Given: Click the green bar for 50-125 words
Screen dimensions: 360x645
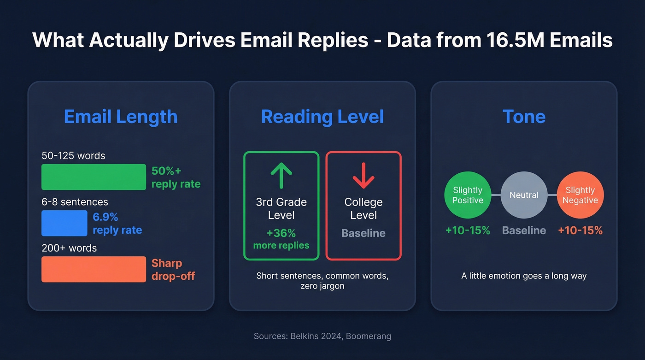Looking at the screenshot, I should [x=94, y=177].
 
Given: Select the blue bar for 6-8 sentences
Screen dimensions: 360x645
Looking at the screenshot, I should [x=64, y=223].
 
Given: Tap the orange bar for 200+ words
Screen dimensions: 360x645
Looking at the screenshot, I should [x=94, y=269].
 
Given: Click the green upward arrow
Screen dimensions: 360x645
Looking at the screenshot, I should [x=281, y=176].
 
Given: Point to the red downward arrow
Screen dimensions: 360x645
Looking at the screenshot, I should [x=364, y=176].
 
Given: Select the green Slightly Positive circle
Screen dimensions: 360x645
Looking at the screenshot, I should [x=468, y=195].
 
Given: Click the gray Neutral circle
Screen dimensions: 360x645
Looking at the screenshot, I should [x=524, y=195].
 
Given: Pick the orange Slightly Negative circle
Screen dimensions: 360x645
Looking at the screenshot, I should [x=580, y=195].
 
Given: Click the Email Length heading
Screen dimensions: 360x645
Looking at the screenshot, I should [x=121, y=117].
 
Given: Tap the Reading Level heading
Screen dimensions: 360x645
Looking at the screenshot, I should [x=322, y=117].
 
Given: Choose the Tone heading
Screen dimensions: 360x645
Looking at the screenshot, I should [x=524, y=117].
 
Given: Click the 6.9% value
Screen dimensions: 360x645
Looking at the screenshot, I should [x=106, y=217].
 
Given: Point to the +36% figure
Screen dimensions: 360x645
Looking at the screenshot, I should [x=281, y=232].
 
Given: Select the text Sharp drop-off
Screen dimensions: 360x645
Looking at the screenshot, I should [x=173, y=270].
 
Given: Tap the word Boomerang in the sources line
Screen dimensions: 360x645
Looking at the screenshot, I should [x=369, y=336].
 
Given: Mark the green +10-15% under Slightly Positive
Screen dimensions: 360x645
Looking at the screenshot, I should [x=468, y=230].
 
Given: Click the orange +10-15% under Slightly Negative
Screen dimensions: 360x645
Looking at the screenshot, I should [x=580, y=230].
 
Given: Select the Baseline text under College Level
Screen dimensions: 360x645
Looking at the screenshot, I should [x=364, y=233].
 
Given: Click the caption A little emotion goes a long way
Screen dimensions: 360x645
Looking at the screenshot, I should [x=524, y=276].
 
